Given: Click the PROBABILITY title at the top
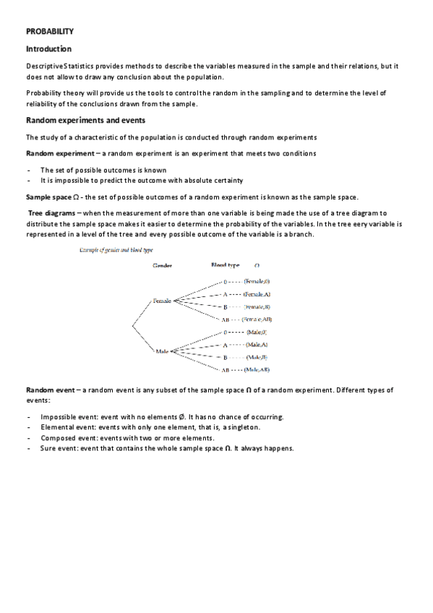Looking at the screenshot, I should [x=50, y=32].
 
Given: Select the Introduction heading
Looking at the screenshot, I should [x=48, y=49].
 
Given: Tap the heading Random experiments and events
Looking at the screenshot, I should [x=85, y=120].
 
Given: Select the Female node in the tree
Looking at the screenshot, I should [x=163, y=301].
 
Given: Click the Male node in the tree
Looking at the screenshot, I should [x=162, y=351].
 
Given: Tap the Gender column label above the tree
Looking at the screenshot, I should [x=161, y=266].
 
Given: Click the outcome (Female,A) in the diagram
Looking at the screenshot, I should [x=257, y=295].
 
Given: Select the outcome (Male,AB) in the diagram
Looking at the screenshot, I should [x=257, y=370].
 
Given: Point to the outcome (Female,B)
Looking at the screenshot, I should [x=257, y=307].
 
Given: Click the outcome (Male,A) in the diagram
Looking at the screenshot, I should [x=257, y=345].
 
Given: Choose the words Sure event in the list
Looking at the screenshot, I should [x=59, y=448].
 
